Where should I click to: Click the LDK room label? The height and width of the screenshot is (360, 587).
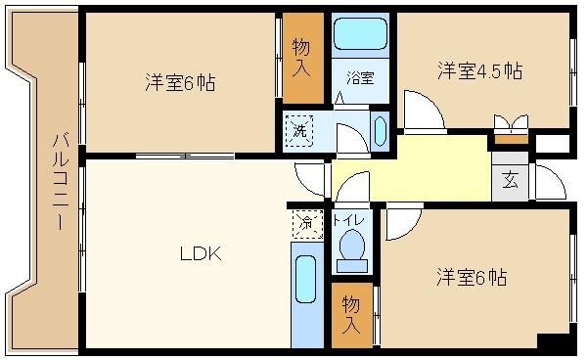201,254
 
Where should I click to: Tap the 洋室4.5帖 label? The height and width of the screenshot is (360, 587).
480,70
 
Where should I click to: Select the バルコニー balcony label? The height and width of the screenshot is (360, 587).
60,182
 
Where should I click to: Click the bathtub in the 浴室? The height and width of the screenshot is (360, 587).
360,34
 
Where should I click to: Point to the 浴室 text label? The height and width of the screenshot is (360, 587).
360,78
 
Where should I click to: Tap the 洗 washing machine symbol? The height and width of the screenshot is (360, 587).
299,131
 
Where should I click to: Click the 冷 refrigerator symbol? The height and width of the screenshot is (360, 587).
307,224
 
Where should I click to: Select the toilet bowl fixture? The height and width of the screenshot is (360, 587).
352,250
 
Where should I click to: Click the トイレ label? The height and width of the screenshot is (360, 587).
348,220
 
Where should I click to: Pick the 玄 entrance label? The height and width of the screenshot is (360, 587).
511,182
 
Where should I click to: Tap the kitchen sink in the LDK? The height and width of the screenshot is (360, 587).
305,279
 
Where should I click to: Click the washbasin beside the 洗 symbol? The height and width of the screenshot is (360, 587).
380,131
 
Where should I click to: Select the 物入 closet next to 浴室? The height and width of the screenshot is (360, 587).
303,59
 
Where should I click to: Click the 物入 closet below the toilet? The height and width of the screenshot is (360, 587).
352,315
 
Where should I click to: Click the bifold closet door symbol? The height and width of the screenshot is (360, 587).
512,123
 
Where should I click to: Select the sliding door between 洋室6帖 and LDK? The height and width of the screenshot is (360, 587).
185,156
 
